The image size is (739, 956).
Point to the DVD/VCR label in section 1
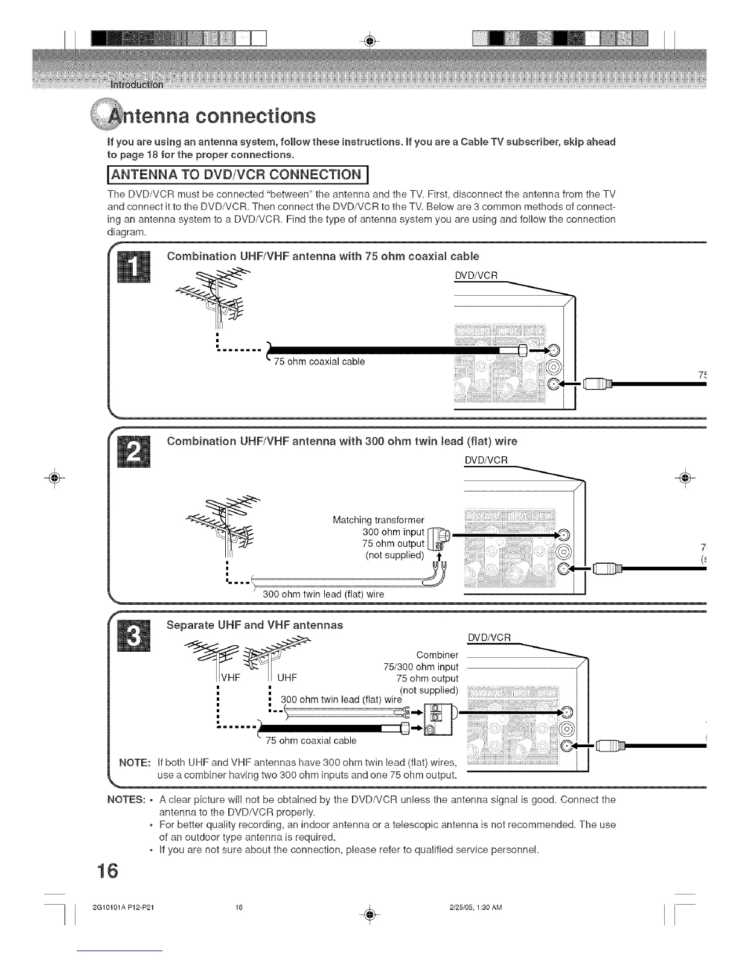476,276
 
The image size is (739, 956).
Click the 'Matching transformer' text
379,520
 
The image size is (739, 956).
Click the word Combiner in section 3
438,655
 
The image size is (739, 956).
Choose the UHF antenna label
287,677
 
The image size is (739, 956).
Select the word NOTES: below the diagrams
126,800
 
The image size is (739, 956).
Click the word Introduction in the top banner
136,84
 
